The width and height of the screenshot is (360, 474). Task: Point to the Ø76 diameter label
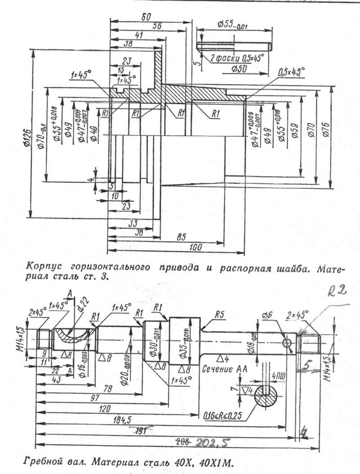pyautogui.click(x=326, y=130)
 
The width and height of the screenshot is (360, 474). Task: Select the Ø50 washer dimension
pyautogui.click(x=239, y=68)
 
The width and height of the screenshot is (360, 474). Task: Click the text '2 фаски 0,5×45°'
pyautogui.click(x=237, y=58)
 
